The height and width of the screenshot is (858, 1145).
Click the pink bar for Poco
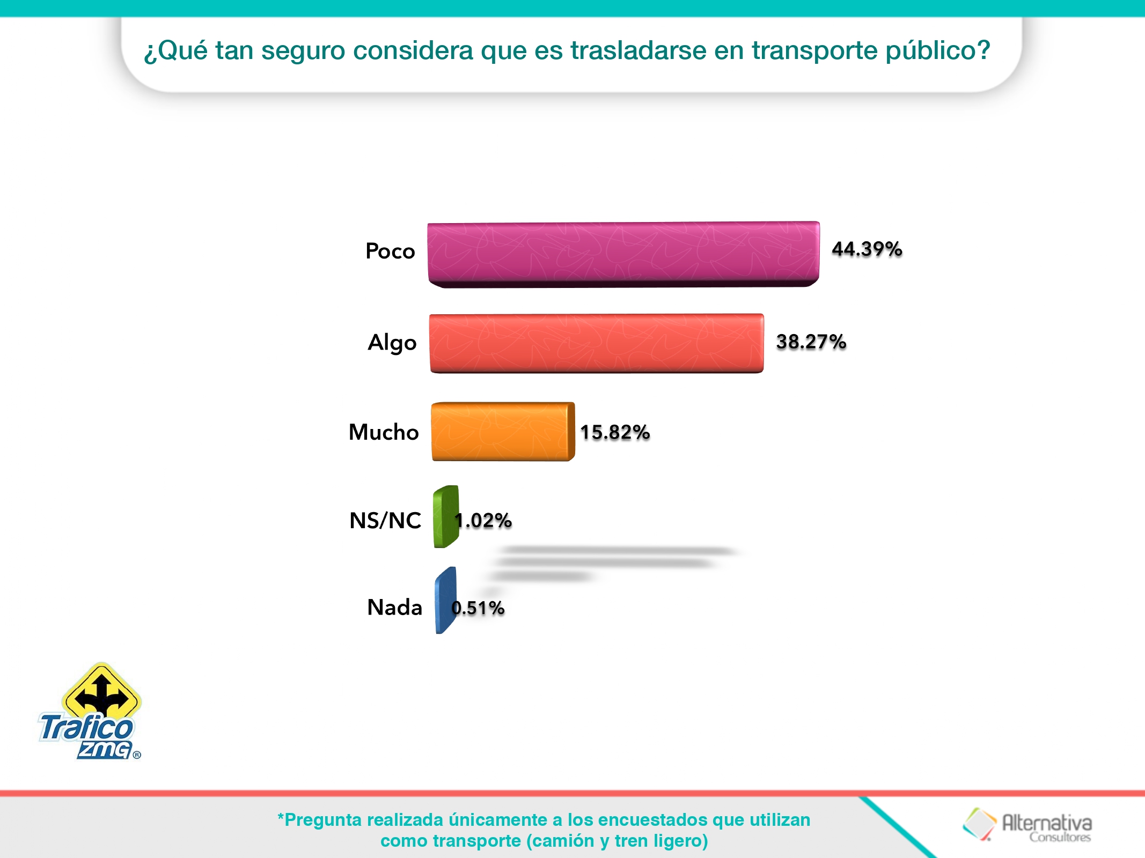(x=622, y=253)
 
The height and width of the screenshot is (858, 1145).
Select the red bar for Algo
(x=596, y=343)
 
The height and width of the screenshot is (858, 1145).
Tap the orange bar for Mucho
(x=502, y=432)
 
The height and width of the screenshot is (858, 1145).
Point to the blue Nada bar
(x=444, y=601)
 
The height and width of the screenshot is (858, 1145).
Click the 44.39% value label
(x=867, y=249)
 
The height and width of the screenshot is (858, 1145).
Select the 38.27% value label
(x=811, y=342)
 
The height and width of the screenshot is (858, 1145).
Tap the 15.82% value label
(x=615, y=432)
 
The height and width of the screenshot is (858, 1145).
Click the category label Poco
(x=390, y=251)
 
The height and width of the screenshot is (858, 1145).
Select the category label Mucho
(x=383, y=432)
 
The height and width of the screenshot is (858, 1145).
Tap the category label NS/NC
(x=385, y=521)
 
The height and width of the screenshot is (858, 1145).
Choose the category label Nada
(x=394, y=608)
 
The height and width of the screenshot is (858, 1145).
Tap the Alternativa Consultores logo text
(x=1046, y=826)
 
